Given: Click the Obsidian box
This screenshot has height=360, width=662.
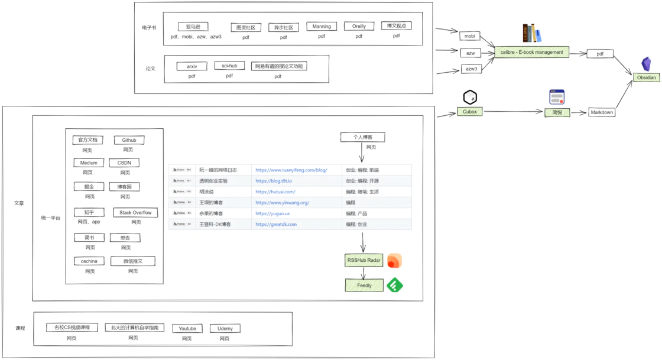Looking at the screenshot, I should (x=646, y=77).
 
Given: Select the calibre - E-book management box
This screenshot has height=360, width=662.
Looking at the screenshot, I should (x=531, y=52).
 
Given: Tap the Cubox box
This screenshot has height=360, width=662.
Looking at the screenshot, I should (x=470, y=111).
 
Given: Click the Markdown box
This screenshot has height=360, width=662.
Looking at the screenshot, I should (x=602, y=112).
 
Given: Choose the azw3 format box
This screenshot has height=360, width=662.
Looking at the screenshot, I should (x=471, y=69).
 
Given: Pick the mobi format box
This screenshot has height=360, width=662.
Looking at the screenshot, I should (x=470, y=36).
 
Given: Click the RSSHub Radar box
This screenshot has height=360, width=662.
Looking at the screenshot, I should (x=364, y=260).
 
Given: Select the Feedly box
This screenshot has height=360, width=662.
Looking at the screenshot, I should (x=364, y=286).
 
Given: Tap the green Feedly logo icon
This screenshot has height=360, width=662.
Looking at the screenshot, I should (x=395, y=286).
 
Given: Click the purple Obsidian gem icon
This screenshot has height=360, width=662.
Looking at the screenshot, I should (x=646, y=64).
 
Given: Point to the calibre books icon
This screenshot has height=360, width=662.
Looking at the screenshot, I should (x=532, y=33).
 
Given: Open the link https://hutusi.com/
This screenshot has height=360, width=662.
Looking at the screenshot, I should (x=275, y=192).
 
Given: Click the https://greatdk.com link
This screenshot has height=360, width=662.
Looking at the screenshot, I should (x=276, y=224).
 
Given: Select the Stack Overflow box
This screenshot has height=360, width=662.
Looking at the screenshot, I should (x=135, y=213).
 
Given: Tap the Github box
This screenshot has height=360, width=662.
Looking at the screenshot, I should (x=129, y=140).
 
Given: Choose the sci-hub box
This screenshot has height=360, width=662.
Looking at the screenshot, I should (x=229, y=66).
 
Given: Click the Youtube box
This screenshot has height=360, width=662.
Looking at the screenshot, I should (x=187, y=329).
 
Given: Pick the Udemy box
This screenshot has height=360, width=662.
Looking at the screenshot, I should (x=225, y=329).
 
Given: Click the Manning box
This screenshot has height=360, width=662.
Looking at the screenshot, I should (x=322, y=27).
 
